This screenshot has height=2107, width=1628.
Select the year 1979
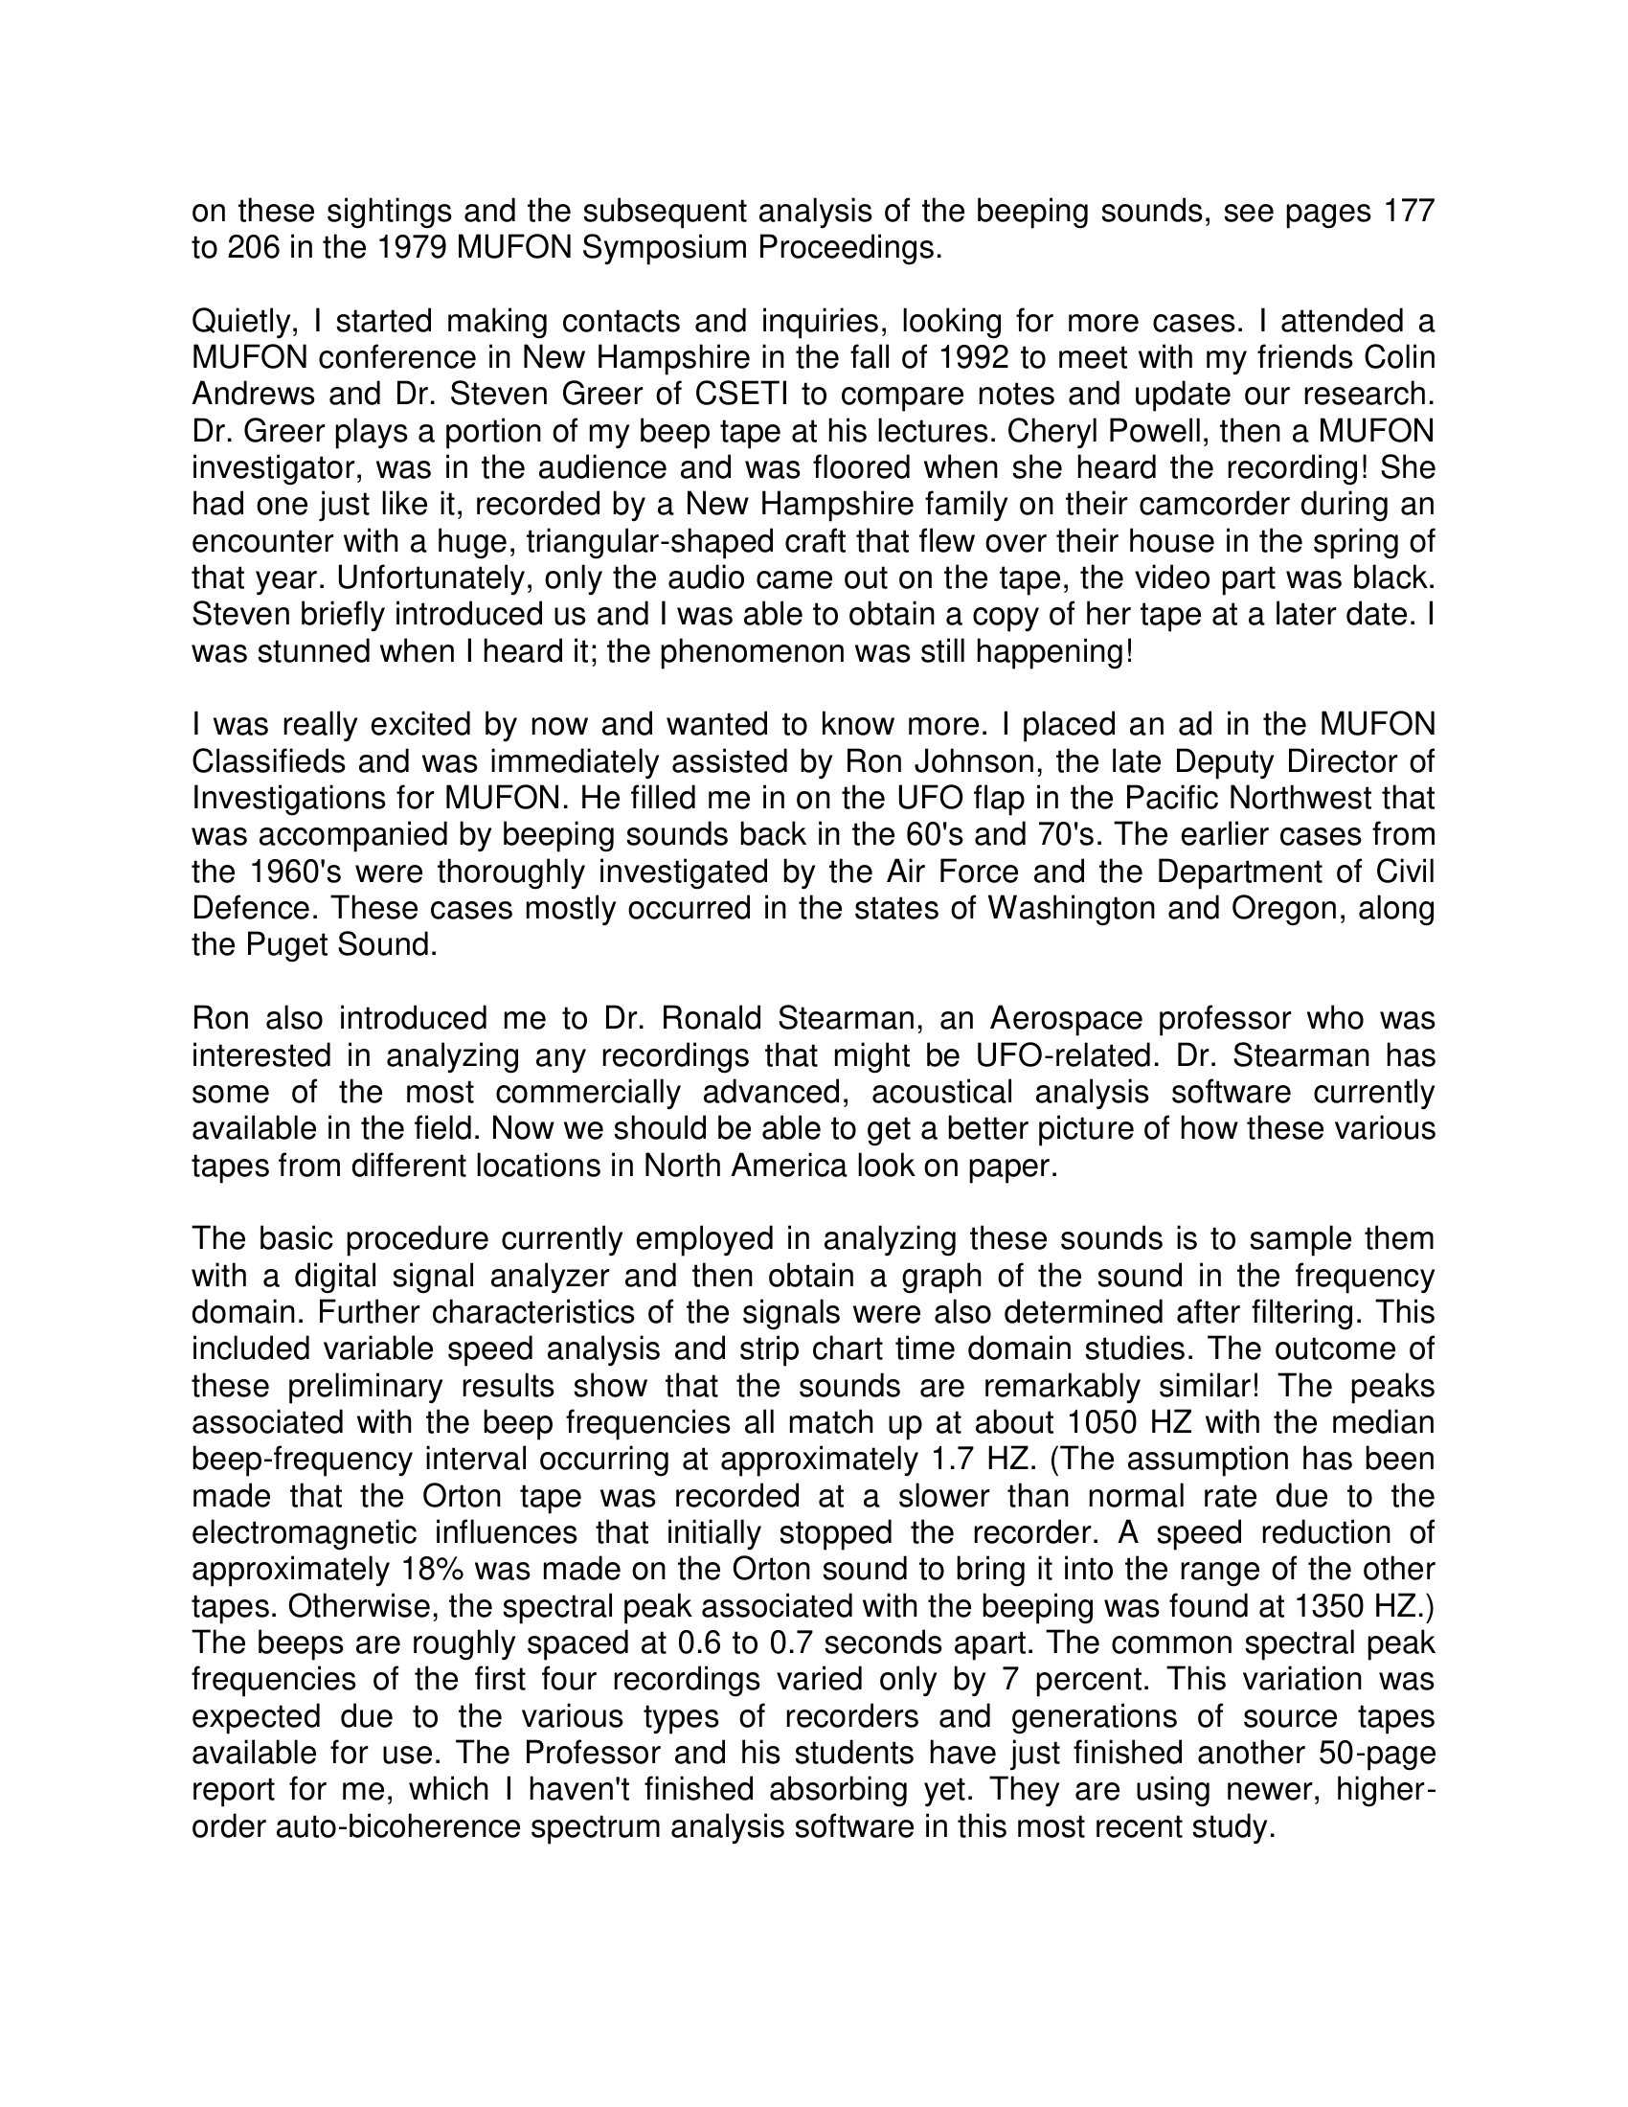coord(410,248)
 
